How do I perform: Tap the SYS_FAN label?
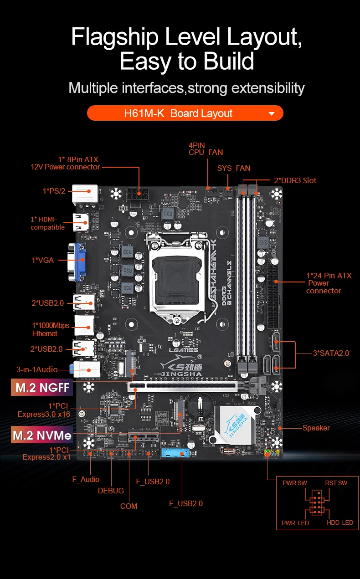[234, 168]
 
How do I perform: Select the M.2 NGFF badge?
[42, 387]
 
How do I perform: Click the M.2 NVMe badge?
[42, 435]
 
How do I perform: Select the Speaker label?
[316, 428]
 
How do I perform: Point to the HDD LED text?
[340, 523]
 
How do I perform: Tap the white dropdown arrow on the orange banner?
[272, 114]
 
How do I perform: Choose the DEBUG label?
[111, 491]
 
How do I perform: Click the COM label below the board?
[129, 506]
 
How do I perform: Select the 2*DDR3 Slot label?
[295, 180]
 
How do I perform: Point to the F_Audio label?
[86, 479]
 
